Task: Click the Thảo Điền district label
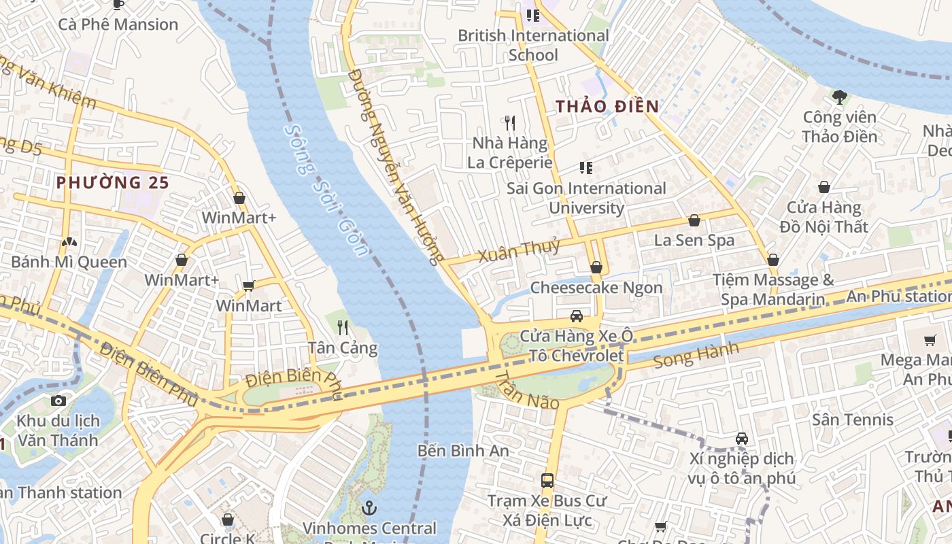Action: tap(607, 106)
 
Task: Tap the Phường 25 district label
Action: tap(112, 182)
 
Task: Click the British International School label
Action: tap(533, 45)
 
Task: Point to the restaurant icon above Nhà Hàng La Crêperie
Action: tap(510, 122)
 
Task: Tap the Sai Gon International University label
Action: tap(586, 198)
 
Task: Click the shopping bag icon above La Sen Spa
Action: tap(694, 220)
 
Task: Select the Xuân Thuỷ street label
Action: tap(519, 250)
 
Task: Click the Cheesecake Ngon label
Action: tap(596, 288)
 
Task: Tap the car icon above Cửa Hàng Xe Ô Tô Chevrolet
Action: tap(576, 316)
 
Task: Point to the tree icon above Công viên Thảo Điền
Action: tap(840, 97)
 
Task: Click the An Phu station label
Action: tap(898, 296)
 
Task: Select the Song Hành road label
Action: tap(696, 356)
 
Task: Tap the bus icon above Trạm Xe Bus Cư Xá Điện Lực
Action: tap(547, 481)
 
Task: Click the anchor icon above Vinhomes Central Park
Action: tap(369, 508)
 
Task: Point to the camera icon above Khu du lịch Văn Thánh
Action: tap(58, 401)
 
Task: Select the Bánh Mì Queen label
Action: tap(69, 262)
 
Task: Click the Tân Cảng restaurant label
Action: tap(343, 348)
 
